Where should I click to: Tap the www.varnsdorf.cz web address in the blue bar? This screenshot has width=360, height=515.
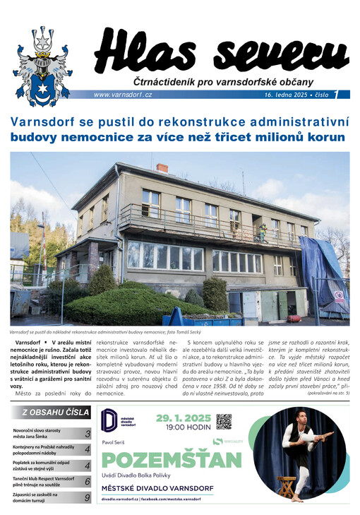pos(123,95)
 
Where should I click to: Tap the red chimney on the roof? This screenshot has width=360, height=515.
pos(162,169)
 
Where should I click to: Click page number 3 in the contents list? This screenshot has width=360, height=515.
pos(87,433)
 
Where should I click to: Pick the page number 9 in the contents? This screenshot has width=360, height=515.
pos(87,497)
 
